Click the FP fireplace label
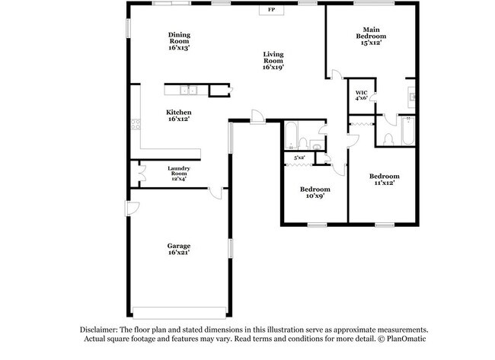point(271,10)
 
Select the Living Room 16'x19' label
point(273,61)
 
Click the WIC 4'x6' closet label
point(362,95)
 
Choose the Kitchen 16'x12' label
point(179,116)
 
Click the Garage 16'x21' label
point(179,249)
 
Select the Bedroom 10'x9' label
point(315,193)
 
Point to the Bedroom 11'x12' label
point(385,179)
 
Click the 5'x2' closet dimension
point(299,158)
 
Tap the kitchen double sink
point(188,91)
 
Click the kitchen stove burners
point(136,124)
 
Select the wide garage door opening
point(179,313)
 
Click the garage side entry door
point(132,209)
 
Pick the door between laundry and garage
point(216,193)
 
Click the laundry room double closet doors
point(142,174)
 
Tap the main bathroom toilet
point(388,139)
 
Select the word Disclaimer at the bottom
point(99,330)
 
